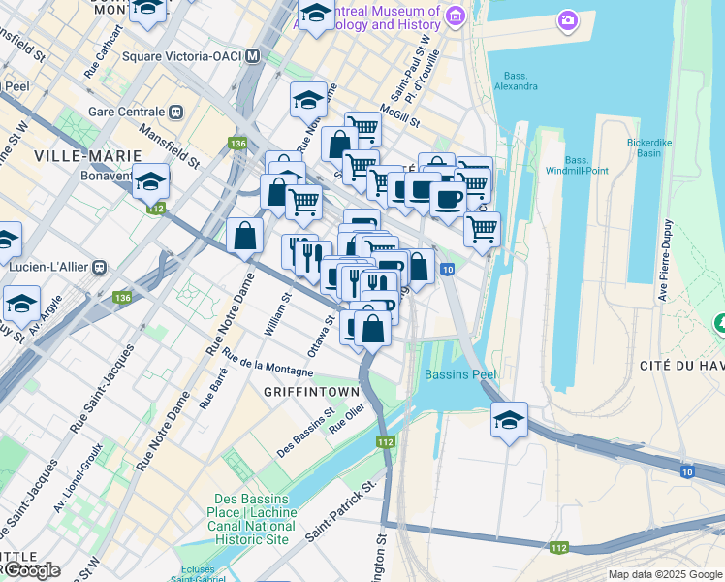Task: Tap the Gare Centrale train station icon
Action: tap(177, 111)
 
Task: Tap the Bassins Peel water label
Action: tap(458, 374)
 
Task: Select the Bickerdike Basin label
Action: tap(656, 147)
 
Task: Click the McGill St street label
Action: tap(399, 116)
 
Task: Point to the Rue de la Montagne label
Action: tap(268, 364)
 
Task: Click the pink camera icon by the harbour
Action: tap(567, 19)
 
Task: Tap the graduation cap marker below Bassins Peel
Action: tap(509, 420)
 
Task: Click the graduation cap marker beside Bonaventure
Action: tap(150, 180)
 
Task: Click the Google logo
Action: tap(31, 569)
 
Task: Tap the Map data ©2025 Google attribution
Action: tap(664, 574)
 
